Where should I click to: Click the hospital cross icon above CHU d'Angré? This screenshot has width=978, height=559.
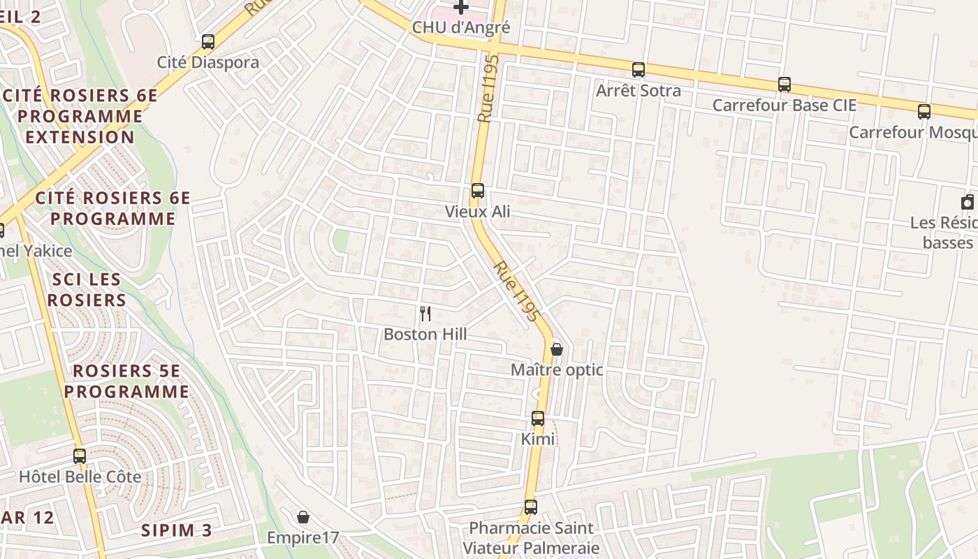461,8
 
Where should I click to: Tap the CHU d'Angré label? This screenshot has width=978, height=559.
461,28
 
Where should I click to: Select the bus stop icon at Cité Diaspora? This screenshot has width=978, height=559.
207,42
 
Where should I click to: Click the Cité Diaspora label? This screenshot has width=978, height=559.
208,62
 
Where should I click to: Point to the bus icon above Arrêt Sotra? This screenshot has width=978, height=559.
638,70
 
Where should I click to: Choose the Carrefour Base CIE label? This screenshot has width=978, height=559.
784,105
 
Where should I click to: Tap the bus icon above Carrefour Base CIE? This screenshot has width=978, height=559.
784,85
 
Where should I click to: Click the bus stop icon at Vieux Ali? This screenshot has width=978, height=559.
478,191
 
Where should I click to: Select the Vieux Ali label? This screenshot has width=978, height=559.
478,211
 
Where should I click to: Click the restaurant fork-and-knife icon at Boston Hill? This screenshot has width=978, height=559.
425,314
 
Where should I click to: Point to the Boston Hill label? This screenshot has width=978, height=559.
425,335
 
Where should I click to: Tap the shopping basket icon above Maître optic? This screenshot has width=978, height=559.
557,349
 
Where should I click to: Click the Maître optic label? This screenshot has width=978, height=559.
557,370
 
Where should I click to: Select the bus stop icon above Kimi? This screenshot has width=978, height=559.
538,419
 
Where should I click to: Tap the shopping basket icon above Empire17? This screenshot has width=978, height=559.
303,518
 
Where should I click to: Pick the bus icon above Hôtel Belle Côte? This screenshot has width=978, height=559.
80,456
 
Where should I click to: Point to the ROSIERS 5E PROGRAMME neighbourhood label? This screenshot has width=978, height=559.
126,382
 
